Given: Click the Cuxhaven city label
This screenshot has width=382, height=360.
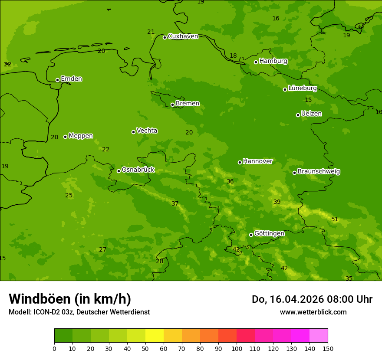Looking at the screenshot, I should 183,36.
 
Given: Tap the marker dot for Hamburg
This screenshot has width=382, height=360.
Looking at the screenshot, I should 256,62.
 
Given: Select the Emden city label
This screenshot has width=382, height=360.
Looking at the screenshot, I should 71,79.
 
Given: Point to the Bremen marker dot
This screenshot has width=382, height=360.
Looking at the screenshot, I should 172,105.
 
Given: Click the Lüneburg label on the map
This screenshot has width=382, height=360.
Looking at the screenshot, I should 302,88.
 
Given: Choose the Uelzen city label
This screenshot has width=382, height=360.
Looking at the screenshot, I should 311,114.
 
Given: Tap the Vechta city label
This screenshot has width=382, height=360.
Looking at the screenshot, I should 147,131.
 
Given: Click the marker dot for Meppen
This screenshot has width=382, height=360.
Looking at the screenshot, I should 66,137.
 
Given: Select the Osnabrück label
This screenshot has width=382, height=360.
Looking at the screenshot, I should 138,170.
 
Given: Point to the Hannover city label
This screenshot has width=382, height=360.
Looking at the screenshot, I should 257,161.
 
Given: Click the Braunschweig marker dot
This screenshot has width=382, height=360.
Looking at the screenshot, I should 294,173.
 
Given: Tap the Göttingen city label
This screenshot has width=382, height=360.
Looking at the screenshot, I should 269,233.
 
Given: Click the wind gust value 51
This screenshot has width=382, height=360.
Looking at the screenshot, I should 335,219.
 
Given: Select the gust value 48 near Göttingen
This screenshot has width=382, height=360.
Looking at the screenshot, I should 236,249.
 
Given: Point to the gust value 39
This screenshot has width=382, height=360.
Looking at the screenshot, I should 277,202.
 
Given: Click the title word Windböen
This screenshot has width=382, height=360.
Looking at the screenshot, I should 40,299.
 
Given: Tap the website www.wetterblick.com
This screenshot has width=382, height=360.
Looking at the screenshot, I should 313,312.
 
